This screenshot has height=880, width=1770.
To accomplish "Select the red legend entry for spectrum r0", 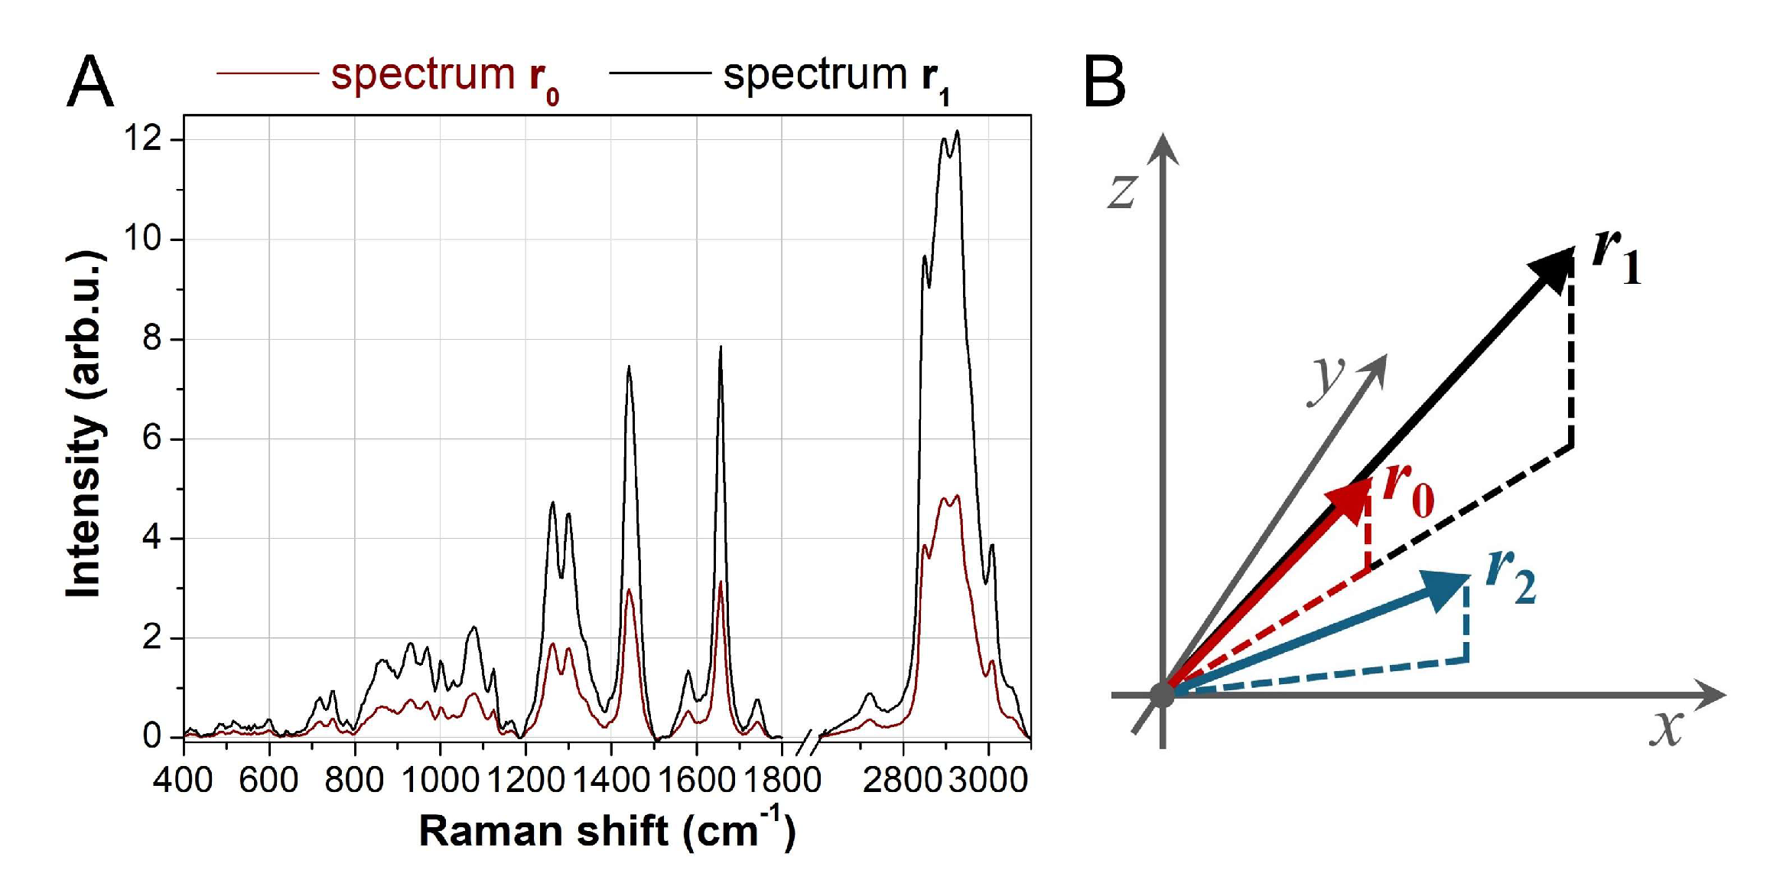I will pos(444,76).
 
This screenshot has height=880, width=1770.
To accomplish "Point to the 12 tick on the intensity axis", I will pos(143,139).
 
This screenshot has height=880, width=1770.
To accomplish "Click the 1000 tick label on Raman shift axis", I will pos(440,780).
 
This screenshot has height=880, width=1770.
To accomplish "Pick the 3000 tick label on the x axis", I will pos(988,780).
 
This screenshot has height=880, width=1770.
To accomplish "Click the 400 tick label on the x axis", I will pos(183,780).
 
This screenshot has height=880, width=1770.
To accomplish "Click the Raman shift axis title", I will pos(607,829).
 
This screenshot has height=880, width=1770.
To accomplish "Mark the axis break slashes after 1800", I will pos(809,742).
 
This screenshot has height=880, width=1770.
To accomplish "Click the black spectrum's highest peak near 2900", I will pos(957,132).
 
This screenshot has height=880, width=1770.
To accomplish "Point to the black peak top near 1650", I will pos(720,348).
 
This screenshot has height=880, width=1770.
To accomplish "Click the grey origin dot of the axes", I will pos(1162,694).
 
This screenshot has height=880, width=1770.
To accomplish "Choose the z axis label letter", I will pos(1123,191).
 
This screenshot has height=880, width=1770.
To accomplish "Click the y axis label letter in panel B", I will pos(1327,380).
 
